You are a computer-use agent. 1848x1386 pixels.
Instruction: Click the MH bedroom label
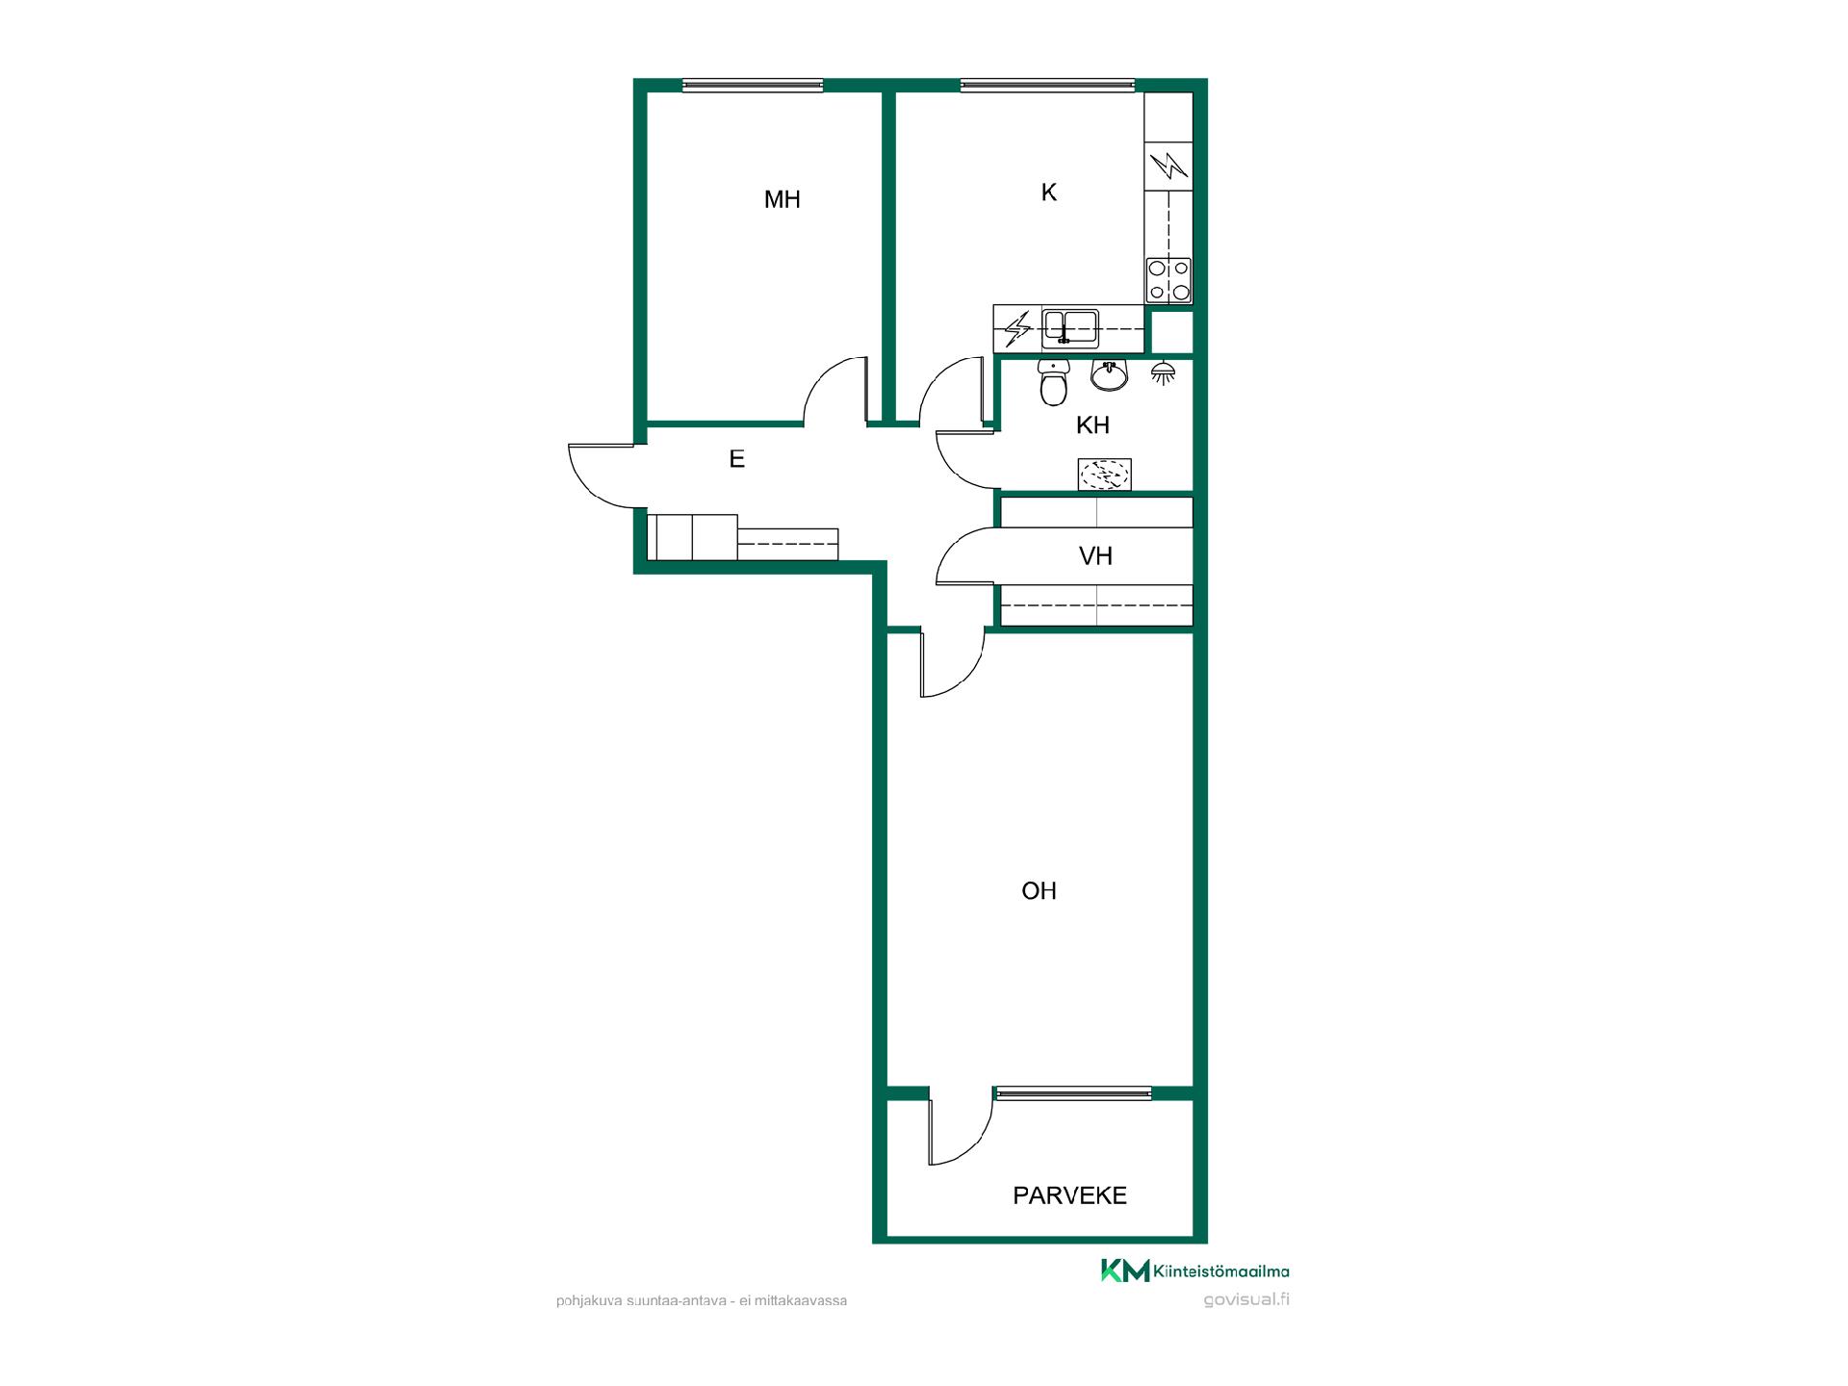point(782,199)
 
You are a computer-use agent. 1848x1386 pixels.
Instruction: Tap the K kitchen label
point(1049,192)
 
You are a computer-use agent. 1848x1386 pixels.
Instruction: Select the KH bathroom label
point(1092,424)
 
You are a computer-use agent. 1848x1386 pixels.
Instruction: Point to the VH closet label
point(1095,555)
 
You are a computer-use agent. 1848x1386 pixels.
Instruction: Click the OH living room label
point(1039,890)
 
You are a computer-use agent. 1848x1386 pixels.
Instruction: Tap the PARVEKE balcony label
point(1069,1195)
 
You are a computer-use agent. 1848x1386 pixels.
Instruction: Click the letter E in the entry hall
point(736,459)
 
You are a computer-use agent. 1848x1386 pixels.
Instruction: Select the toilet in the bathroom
point(1054,382)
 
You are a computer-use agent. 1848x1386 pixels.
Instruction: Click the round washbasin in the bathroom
point(1110,374)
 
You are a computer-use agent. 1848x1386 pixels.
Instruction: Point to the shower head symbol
point(1163,372)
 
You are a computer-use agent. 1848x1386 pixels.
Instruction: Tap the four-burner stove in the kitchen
point(1168,281)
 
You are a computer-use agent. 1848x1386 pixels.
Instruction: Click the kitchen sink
point(1070,328)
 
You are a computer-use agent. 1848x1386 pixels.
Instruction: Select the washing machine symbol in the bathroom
point(1104,474)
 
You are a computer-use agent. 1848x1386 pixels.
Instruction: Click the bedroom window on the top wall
point(753,86)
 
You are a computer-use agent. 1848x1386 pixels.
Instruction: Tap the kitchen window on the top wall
point(1047,86)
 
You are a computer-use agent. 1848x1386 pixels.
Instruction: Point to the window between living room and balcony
point(1073,1092)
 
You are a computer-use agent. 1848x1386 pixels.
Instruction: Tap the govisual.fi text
point(1246,1299)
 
